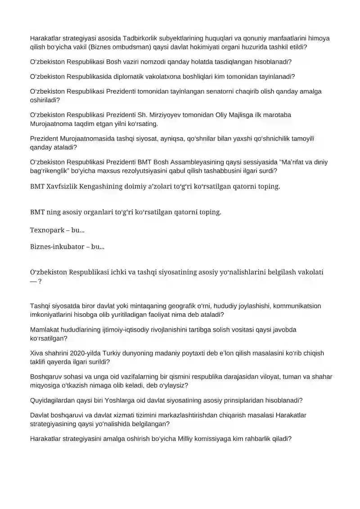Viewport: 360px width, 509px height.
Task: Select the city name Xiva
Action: tap(37, 353)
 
